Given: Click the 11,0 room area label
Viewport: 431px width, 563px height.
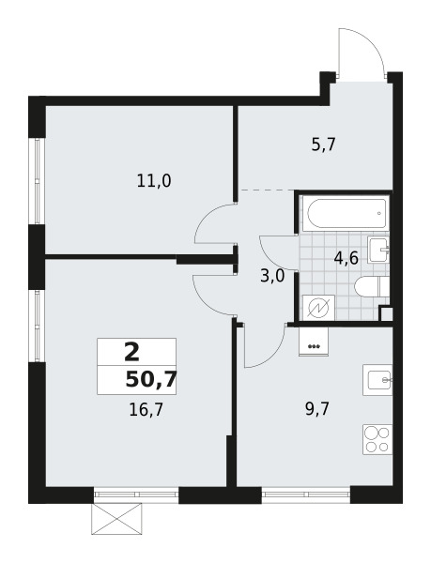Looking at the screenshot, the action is (154, 180).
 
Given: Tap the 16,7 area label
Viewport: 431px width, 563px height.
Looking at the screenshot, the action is (146, 410).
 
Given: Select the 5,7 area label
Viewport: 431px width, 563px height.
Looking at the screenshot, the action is (323, 145).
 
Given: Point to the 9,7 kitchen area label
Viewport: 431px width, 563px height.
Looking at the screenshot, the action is (317, 409).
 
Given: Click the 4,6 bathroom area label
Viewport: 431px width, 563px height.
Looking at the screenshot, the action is (346, 258).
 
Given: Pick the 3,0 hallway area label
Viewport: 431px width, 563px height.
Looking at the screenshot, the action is (272, 277).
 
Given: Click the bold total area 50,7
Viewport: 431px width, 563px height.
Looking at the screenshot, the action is (151, 380).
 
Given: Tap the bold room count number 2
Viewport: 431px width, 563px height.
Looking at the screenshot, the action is (131, 352).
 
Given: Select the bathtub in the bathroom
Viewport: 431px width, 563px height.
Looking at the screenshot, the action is (345, 213).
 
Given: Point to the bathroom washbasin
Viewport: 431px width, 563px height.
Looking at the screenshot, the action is (378, 250).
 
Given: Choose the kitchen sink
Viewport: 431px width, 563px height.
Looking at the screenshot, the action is (377, 380).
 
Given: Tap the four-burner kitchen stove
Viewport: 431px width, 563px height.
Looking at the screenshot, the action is (377, 439).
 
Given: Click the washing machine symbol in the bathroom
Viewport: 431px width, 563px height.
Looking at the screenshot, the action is (319, 308).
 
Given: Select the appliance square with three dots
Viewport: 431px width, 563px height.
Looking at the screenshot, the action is (314, 342).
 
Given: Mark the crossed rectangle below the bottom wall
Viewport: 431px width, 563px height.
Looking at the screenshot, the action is (116, 518).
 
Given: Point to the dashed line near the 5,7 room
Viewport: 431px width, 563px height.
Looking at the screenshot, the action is (268, 190).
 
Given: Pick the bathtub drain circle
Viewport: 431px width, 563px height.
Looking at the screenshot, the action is (379, 213).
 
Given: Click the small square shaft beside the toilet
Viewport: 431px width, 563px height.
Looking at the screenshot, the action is (386, 313).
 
